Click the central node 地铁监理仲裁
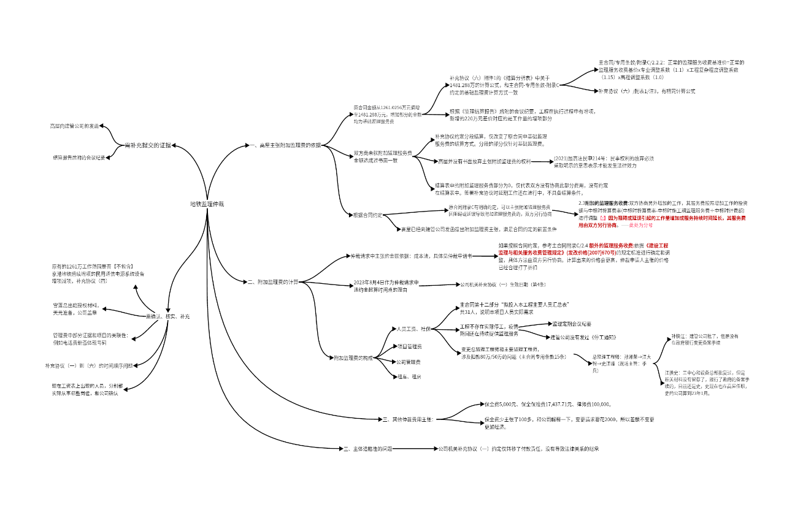tap(207, 203)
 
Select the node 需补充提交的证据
tap(148, 145)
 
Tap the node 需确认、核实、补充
tap(167, 316)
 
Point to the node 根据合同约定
tap(367, 215)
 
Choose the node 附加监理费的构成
tap(353, 357)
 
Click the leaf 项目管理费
tap(409, 346)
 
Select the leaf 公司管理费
tap(409, 362)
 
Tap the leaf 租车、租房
tap(409, 376)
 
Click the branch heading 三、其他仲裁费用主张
tap(408, 419)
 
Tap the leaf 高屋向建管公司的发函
tap(74, 126)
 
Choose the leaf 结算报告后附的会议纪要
tap(79, 158)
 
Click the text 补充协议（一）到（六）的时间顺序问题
tap(88, 365)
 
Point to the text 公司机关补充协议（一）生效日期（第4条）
tap(502, 284)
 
